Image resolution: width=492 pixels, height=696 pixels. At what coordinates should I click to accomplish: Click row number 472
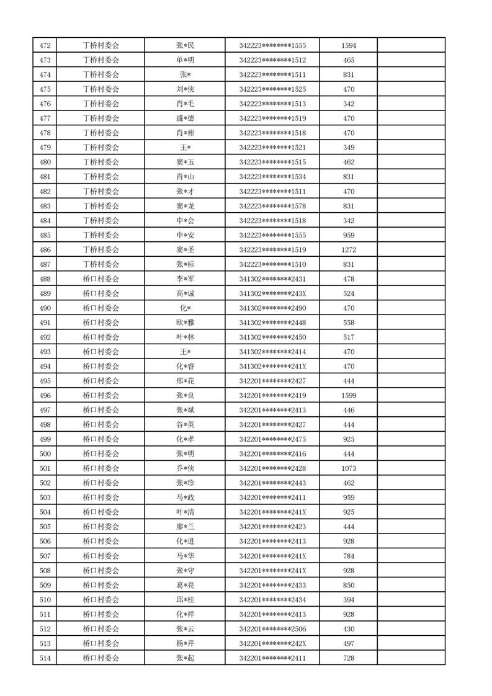coord(45,45)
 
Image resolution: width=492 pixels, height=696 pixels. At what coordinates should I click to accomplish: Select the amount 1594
coord(349,45)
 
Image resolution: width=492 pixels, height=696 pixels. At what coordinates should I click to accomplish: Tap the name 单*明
coord(185,60)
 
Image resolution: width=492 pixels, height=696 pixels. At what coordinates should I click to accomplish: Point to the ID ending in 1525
coord(272,89)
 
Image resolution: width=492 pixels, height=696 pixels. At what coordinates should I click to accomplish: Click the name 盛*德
coord(185,118)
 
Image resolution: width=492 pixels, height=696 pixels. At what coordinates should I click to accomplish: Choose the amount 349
coord(349,148)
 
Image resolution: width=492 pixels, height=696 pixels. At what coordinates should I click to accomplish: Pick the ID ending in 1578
coord(272,206)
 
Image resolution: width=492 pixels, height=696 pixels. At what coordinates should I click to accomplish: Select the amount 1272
coord(349,250)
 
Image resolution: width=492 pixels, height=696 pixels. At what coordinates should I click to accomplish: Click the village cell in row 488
coord(101,279)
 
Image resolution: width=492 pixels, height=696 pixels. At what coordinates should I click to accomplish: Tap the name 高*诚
coord(185,293)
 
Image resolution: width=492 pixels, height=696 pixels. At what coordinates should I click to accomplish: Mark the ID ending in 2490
coord(272,308)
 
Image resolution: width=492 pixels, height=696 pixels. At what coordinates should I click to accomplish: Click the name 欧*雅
coord(185,323)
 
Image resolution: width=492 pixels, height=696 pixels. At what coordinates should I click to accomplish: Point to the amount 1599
coord(349,396)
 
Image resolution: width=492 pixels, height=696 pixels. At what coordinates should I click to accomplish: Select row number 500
coord(45,454)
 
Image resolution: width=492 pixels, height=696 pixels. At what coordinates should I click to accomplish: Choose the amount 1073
coord(349,468)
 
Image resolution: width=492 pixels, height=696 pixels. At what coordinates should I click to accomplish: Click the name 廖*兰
coord(185,527)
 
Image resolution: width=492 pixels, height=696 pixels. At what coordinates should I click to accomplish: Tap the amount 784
coord(349,556)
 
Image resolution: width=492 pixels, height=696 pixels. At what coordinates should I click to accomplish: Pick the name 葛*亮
coord(185,585)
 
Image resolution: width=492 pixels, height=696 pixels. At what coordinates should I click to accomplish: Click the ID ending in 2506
coord(272,629)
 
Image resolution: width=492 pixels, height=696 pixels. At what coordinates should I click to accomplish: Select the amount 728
coord(349,658)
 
